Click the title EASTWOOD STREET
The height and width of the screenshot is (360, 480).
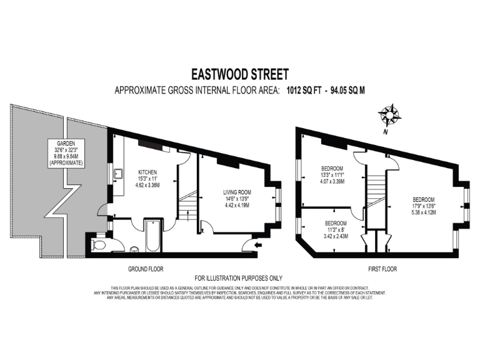tap(239, 74)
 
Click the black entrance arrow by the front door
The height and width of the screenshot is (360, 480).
tap(258, 244)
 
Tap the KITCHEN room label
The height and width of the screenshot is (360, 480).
tap(148, 172)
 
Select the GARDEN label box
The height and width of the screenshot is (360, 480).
tap(69, 153)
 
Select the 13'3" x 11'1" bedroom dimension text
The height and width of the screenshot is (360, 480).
tap(332, 174)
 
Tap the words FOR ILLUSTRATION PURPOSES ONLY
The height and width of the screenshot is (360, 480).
tap(239, 278)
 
